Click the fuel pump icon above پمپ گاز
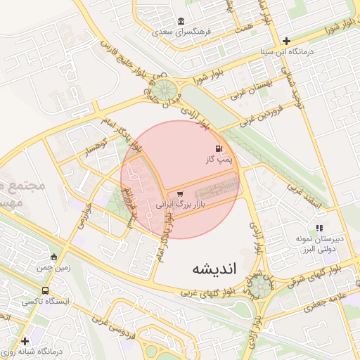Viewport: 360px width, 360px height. (219, 148)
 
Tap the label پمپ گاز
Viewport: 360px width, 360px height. (219, 161)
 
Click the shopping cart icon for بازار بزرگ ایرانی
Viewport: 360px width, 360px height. (181, 194)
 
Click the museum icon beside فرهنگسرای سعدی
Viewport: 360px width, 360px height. (181, 20)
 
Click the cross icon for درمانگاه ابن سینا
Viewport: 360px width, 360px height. (286, 41)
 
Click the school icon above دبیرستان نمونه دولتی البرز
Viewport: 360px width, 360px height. (319, 227)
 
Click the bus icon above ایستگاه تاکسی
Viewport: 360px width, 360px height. (46, 290)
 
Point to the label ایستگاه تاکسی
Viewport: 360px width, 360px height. (46, 301)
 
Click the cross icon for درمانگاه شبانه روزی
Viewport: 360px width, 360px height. (25, 341)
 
